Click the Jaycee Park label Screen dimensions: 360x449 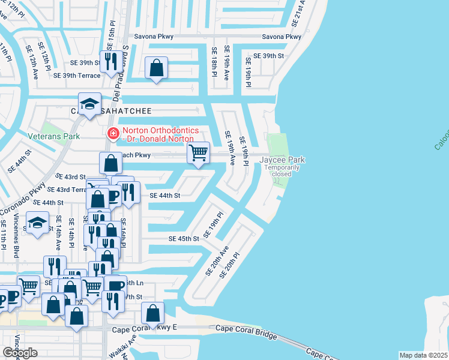tap(282, 160)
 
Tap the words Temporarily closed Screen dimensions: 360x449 tap(282, 170)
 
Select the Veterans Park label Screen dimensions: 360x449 tap(54, 136)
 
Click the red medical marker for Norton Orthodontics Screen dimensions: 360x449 tap(112, 134)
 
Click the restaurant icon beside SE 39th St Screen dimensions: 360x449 tap(110, 62)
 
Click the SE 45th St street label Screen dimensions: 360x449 tap(184, 239)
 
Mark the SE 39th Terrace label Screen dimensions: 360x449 tap(77, 75)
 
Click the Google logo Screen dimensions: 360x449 tap(20, 352)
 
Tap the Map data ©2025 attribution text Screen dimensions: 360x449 tap(423, 355)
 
